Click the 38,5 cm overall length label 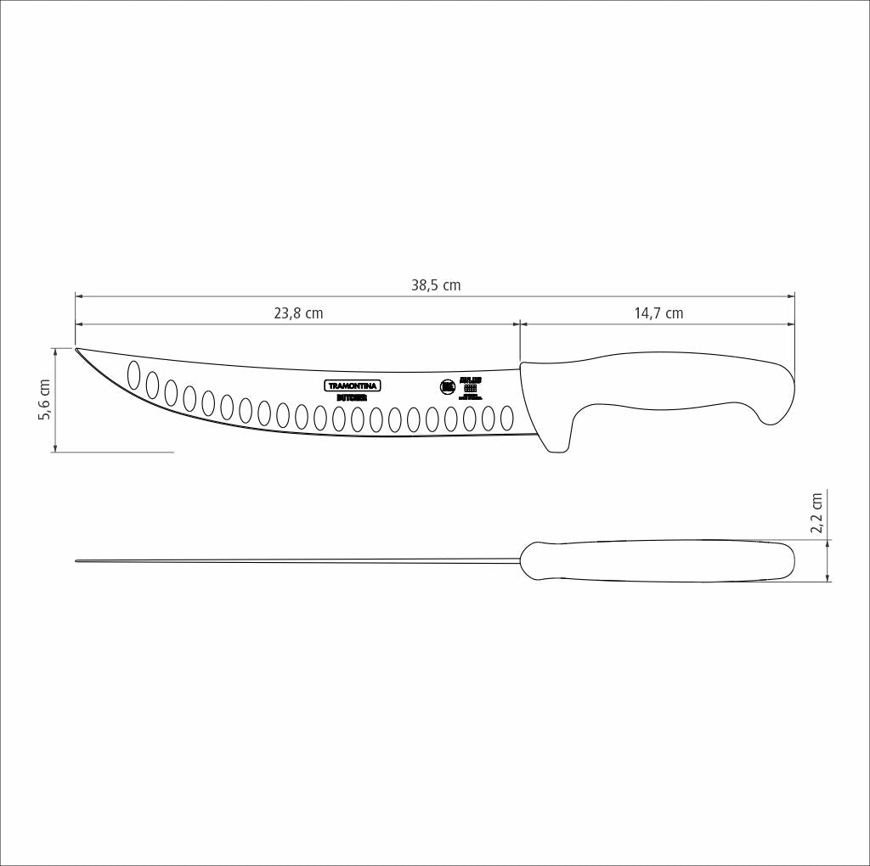[436, 285]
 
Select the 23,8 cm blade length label [298, 313]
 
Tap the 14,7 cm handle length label [658, 313]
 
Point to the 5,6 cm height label [45, 399]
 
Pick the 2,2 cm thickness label [816, 513]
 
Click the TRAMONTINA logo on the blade [353, 385]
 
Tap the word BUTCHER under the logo [352, 396]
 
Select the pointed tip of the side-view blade [77, 349]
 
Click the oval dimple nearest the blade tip [133, 374]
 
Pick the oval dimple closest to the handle [507, 418]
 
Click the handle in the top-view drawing [658, 560]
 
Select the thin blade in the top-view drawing [297, 560]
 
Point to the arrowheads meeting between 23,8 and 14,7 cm [520, 323]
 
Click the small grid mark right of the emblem [470, 389]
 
